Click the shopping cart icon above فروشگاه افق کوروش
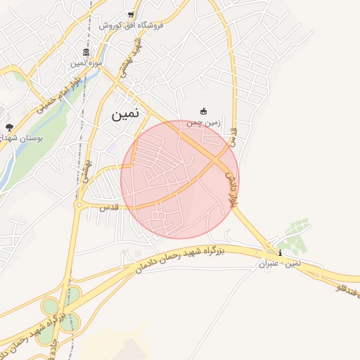(131, 15)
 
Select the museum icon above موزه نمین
(86, 53)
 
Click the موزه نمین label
(86, 63)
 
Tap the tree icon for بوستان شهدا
(9, 127)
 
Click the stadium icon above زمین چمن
(204, 111)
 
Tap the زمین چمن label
(204, 122)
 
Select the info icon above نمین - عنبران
(281, 253)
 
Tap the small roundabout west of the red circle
(79, 205)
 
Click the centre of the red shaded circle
(180, 179)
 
